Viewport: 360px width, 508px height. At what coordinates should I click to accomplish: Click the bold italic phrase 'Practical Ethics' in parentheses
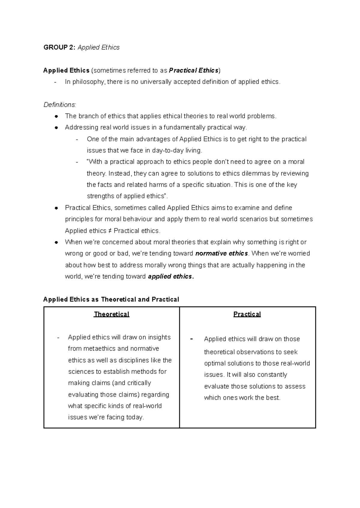click(x=194, y=70)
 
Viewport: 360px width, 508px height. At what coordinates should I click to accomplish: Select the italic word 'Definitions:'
click(x=60, y=105)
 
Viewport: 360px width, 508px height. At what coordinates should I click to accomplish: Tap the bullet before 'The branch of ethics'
click(x=56, y=116)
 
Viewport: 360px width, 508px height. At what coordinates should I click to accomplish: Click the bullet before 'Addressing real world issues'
click(x=56, y=128)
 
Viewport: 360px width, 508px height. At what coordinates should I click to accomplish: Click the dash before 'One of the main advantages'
click(x=77, y=139)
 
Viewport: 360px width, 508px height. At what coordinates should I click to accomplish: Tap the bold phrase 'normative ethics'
click(x=221, y=253)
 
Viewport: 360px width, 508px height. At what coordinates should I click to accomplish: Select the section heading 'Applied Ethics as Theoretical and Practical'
click(x=111, y=299)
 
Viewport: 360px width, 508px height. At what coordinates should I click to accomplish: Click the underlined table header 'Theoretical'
click(x=111, y=314)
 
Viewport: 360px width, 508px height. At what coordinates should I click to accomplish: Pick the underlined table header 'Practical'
click(x=247, y=314)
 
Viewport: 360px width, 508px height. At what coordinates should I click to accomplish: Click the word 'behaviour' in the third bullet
click(x=138, y=219)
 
